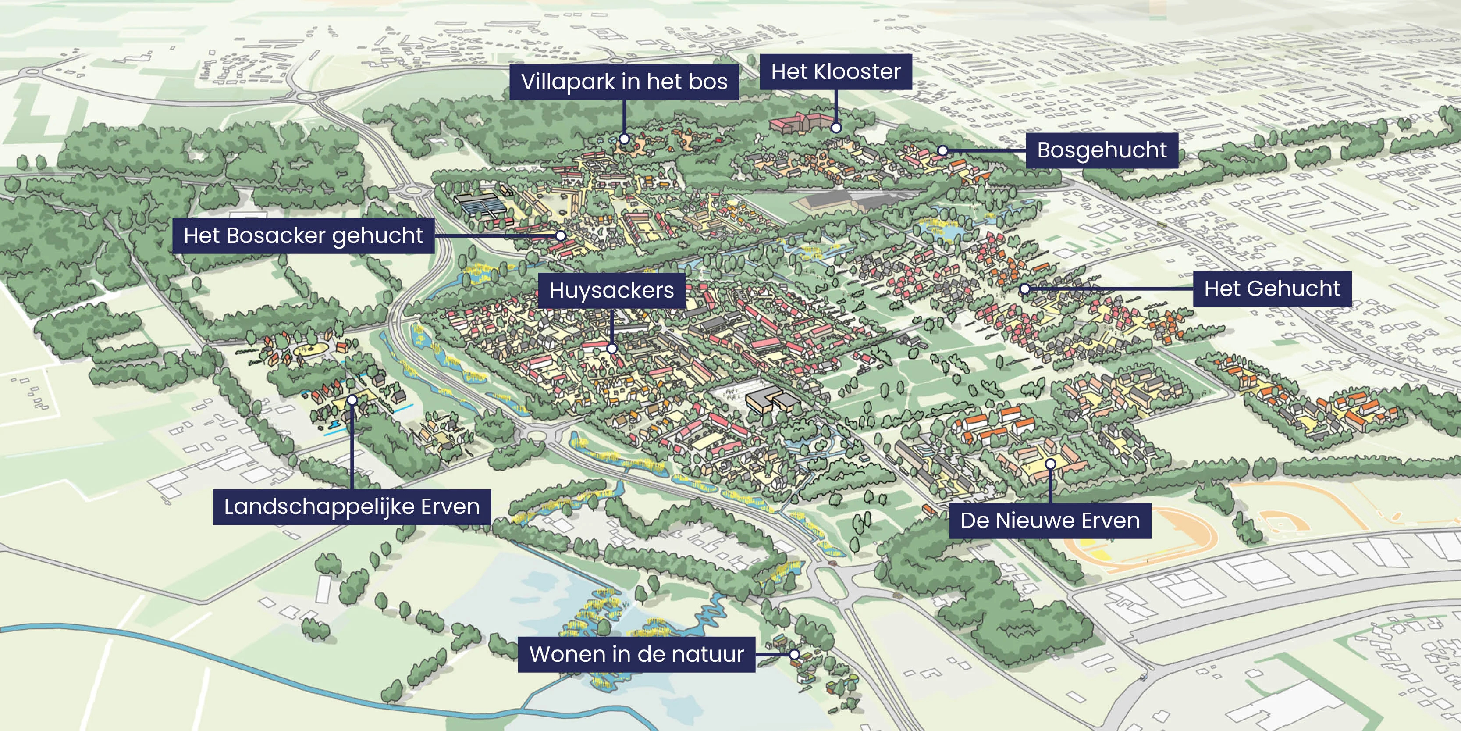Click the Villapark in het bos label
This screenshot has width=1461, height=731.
624,82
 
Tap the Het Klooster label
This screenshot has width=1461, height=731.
835,72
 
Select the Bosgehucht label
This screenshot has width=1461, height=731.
1102,150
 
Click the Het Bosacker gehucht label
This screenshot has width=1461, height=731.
303,235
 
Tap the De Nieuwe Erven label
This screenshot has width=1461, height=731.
1050,521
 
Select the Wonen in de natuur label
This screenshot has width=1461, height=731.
636,654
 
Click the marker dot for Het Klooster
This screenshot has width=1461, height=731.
836,128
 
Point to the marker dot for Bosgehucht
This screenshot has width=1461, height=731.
942,150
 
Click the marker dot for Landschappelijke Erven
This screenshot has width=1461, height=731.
352,400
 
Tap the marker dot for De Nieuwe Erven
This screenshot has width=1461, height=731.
1050,464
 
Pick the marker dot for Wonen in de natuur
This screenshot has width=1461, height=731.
795,654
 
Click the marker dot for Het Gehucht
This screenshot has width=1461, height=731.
1025,289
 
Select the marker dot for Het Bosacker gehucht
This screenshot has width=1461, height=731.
560,235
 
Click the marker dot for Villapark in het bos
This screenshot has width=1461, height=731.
624,139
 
